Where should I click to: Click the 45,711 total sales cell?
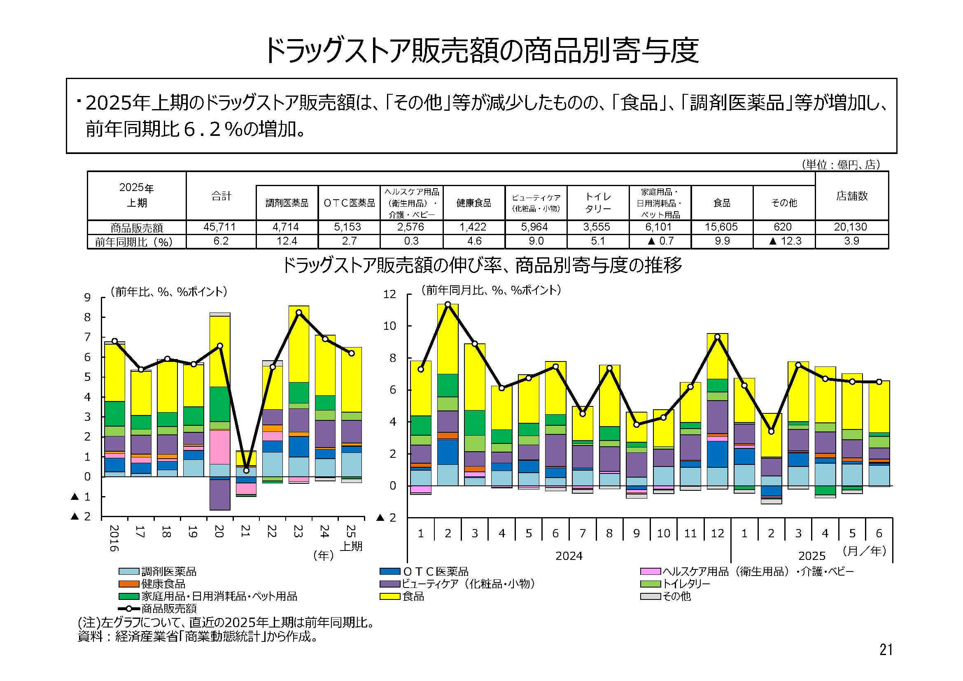tap(219, 227)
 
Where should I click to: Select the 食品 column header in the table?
tap(722, 203)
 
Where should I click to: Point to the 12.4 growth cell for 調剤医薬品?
tap(287, 241)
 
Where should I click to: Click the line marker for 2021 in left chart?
tap(246, 470)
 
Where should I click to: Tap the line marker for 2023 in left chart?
tap(298, 313)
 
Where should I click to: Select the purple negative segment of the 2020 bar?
tap(220, 495)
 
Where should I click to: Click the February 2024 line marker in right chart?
tap(448, 304)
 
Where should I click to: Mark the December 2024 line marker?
tap(717, 337)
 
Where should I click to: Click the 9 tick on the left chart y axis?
tap(87, 297)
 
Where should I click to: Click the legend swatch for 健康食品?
tap(129, 584)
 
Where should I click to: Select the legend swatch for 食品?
tap(389, 596)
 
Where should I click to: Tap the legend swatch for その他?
tap(651, 596)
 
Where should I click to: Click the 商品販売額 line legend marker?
tap(129, 609)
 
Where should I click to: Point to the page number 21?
tap(886, 650)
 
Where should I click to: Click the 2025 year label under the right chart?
tap(811, 556)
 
